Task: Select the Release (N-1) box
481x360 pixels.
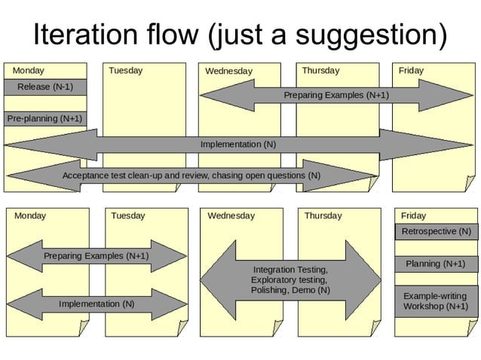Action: (46, 87)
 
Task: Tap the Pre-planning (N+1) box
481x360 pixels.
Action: (44, 119)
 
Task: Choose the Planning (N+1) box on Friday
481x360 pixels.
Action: (435, 264)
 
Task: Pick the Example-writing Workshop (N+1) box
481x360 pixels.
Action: (435, 301)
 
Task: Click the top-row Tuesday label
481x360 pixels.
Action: (125, 71)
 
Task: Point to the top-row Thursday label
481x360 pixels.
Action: (320, 71)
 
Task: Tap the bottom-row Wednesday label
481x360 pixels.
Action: (231, 215)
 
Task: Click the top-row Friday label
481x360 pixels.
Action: (411, 71)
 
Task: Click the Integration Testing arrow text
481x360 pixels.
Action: (290, 279)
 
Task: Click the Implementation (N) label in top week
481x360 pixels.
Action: (238, 144)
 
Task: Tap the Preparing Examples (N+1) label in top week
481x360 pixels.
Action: (336, 96)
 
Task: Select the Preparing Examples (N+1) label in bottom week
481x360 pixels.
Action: (96, 256)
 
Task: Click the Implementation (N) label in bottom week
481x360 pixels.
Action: (97, 304)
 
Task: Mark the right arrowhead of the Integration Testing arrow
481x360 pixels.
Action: (366, 279)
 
